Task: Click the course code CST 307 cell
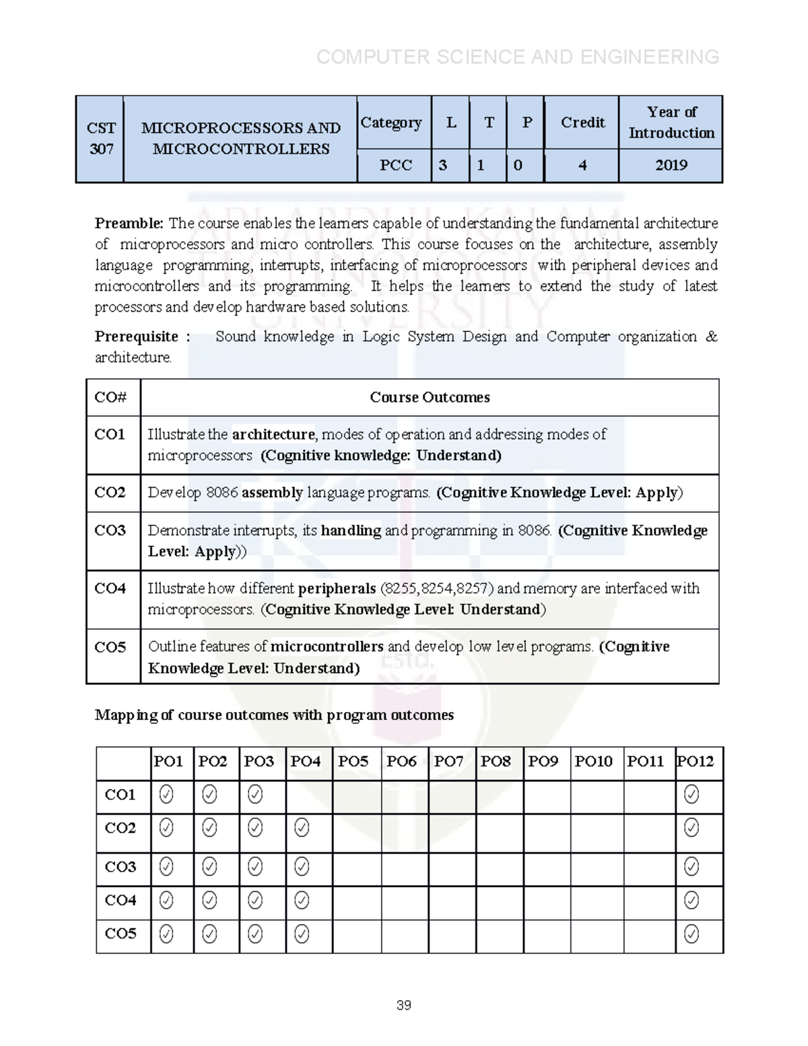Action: (x=101, y=139)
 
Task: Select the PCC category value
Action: (x=395, y=166)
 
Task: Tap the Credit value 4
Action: (x=582, y=166)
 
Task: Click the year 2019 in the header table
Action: (x=671, y=166)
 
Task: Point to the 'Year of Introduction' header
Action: (x=671, y=123)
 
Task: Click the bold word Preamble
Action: (x=129, y=224)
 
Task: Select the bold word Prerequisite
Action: (x=137, y=337)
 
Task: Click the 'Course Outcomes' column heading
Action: (x=430, y=397)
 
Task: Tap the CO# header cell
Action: (x=111, y=397)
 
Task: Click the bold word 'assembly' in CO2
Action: (x=272, y=493)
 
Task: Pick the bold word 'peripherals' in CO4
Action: (x=337, y=589)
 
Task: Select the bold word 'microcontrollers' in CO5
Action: (x=327, y=647)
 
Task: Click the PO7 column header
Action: (x=448, y=762)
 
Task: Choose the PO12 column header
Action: (x=695, y=762)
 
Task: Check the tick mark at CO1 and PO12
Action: (x=691, y=795)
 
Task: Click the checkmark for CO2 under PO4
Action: (x=302, y=828)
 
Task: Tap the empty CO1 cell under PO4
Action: (x=309, y=795)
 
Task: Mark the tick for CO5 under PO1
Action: (x=166, y=934)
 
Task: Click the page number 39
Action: (x=404, y=1006)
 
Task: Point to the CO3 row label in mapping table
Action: (x=121, y=868)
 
